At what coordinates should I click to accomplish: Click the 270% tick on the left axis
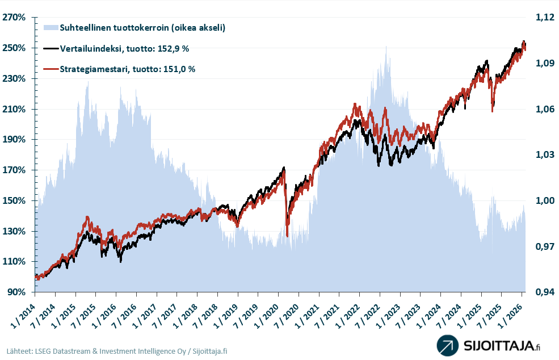[14, 18]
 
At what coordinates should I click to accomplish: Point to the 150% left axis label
[14, 201]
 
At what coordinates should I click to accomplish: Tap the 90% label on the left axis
[16, 292]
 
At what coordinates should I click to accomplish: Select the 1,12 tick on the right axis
[544, 18]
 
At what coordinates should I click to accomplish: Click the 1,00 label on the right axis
[544, 201]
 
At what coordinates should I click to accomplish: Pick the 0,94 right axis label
[544, 292]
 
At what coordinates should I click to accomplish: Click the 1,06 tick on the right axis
[544, 109]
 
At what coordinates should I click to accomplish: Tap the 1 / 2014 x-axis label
[23, 311]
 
